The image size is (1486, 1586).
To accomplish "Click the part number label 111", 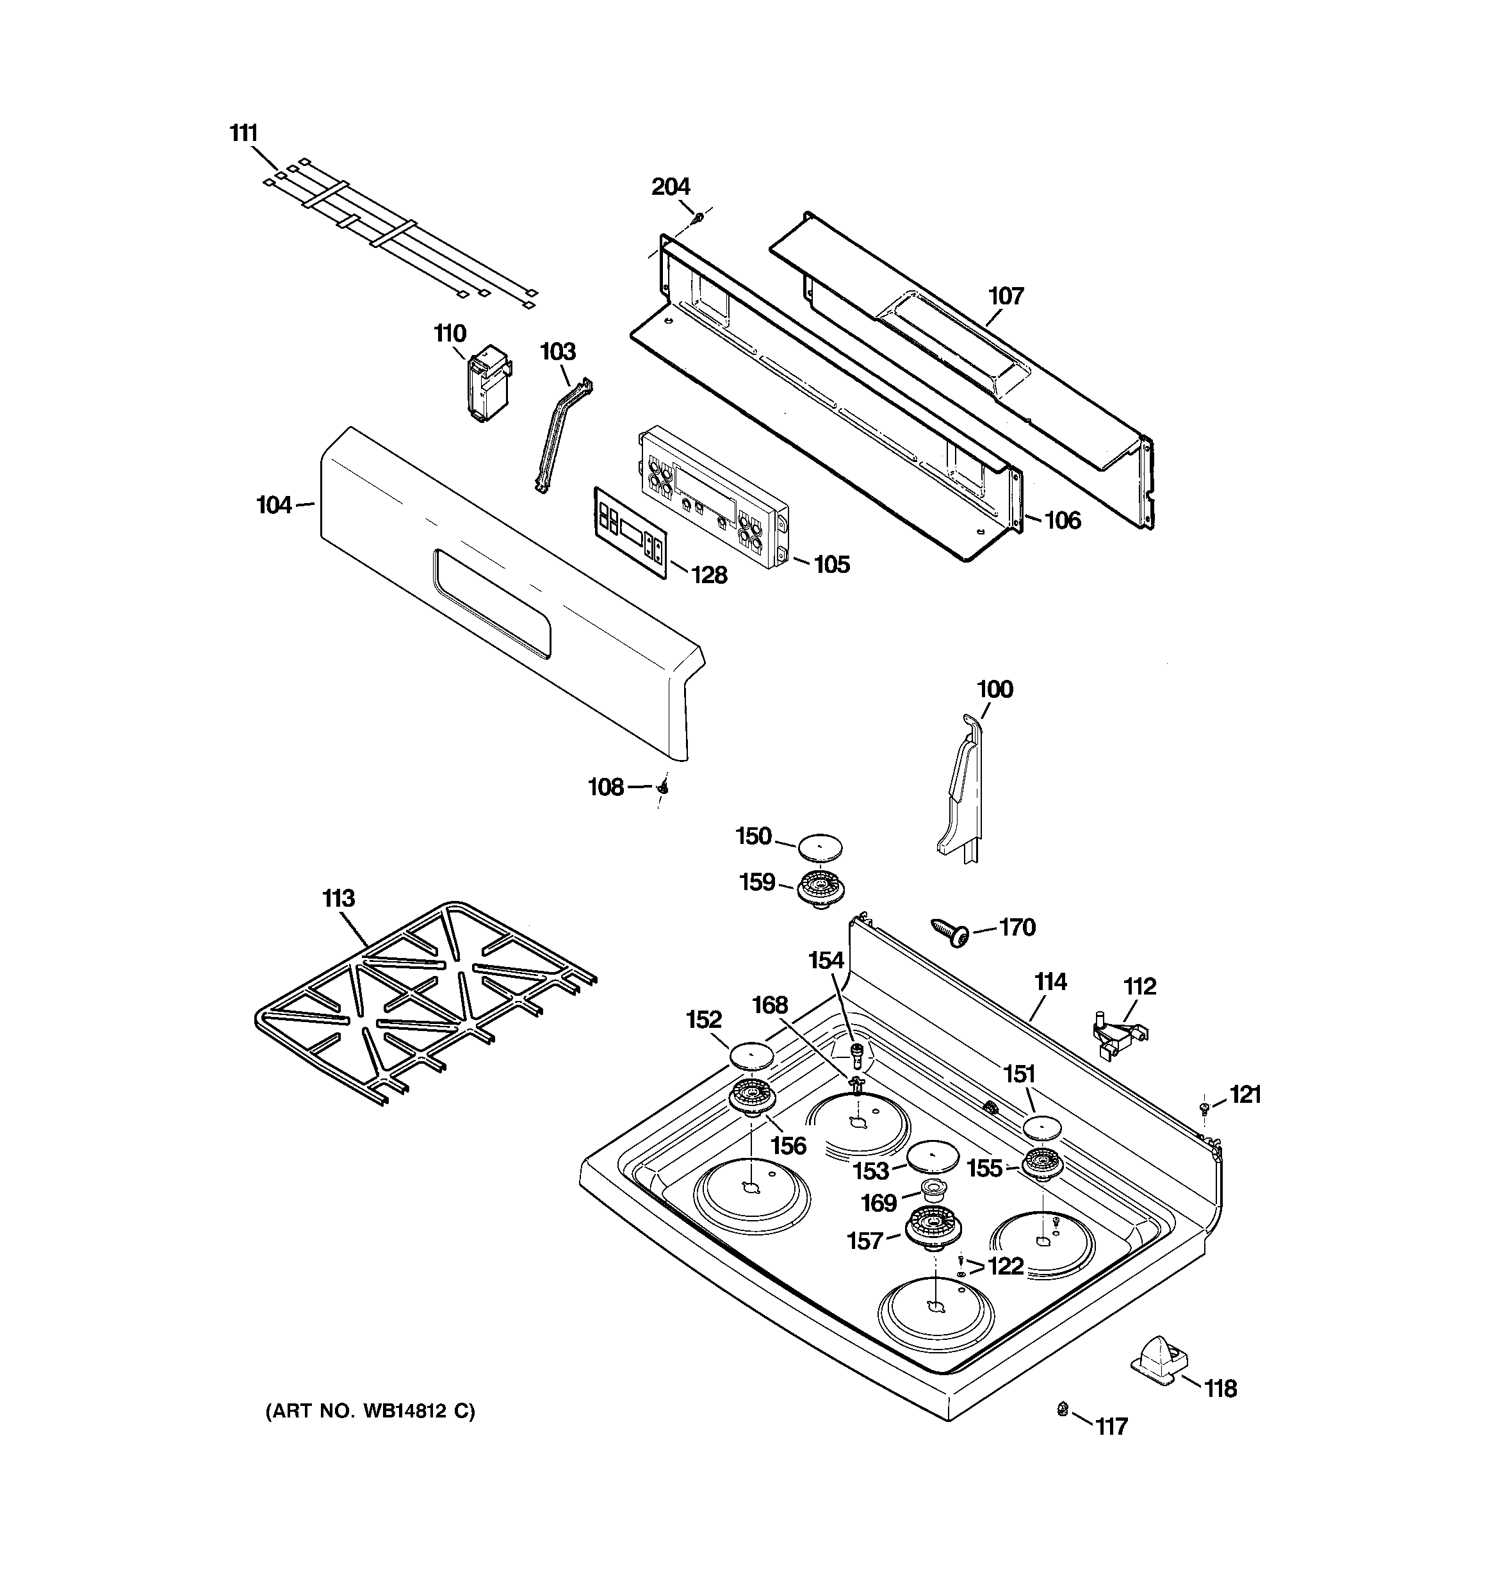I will (244, 133).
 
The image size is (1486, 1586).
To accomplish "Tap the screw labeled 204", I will (699, 216).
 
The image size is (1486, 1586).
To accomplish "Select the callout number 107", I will (1006, 296).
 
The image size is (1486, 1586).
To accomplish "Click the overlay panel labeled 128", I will (630, 530).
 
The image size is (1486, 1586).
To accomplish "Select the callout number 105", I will (831, 564).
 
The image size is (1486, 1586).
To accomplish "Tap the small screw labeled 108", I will (662, 788).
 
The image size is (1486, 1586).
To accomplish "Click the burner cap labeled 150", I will (820, 846).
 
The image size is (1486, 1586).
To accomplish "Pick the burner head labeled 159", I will (822, 886).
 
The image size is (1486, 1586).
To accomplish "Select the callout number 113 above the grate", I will (338, 898).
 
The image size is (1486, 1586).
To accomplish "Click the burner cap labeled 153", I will (932, 1156).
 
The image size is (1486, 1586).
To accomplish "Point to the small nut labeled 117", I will (1063, 1410).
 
